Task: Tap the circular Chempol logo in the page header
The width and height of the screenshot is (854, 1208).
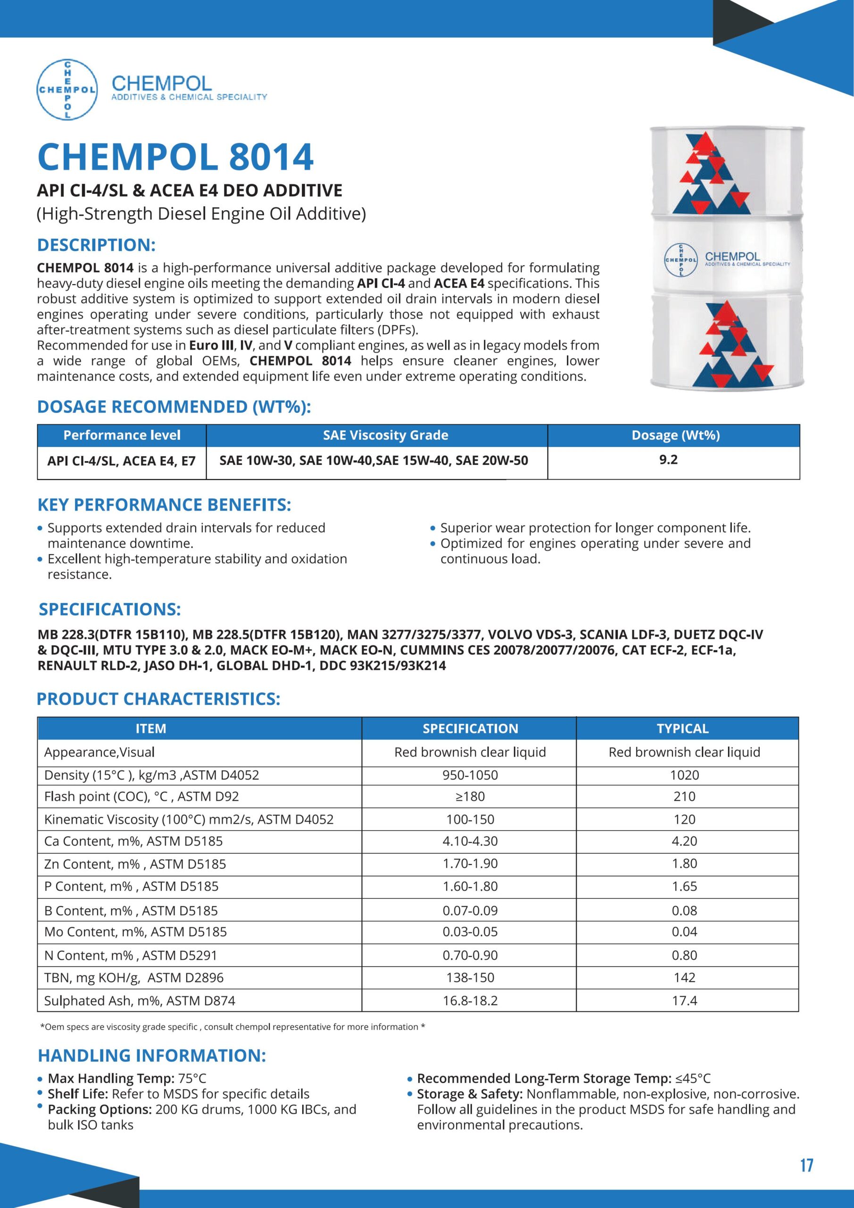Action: tap(67, 90)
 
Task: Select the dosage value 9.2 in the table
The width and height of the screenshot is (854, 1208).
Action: tap(668, 460)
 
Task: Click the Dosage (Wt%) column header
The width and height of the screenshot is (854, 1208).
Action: tap(676, 435)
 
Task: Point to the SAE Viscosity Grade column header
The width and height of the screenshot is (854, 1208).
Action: tap(385, 435)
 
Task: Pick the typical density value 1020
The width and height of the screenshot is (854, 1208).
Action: tap(684, 775)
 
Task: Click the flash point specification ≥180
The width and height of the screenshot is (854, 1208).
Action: tap(470, 797)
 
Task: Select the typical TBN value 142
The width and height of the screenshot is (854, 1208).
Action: tap(684, 978)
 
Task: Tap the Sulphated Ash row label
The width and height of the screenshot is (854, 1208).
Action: tap(140, 1001)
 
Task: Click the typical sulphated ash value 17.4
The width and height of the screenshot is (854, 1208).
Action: tap(684, 1001)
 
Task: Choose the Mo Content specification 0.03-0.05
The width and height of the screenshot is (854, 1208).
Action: tap(470, 932)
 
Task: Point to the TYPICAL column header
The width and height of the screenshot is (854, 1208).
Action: tap(682, 729)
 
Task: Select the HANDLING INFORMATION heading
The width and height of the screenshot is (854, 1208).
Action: tap(152, 1056)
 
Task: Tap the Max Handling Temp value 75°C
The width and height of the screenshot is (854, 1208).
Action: tap(192, 1079)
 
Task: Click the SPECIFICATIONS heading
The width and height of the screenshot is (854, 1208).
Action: tap(110, 610)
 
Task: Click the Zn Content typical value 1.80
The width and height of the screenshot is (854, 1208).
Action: tap(684, 864)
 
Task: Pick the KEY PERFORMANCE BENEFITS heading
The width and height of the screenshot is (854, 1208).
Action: tap(164, 505)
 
